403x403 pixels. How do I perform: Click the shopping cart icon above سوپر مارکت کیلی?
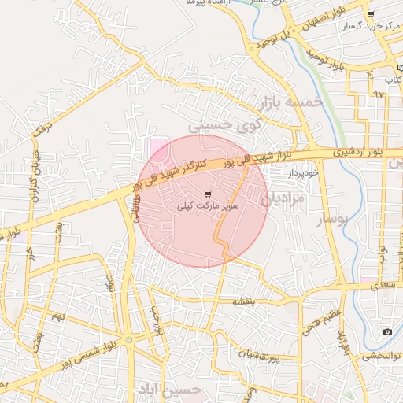(208, 194)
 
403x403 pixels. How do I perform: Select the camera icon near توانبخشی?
(387, 332)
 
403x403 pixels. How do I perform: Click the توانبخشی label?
(381, 356)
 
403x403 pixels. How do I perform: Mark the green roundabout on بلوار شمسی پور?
(128, 339)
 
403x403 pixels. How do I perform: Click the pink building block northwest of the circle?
(157, 147)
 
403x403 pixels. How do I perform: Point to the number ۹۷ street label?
(379, 94)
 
